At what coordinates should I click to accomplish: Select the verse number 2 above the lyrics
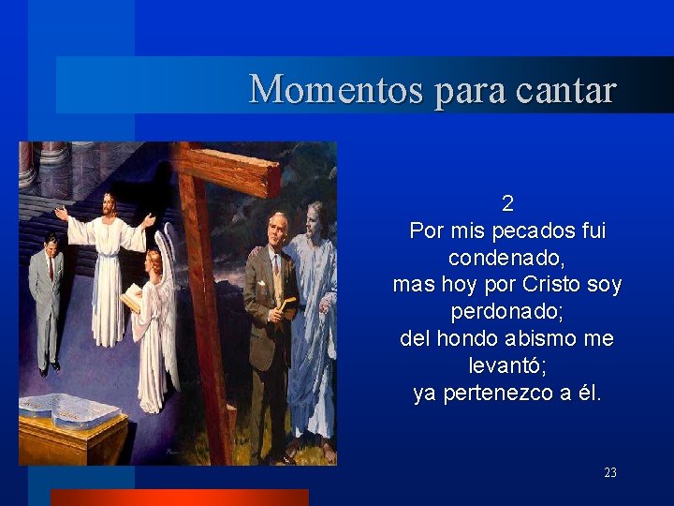[x=507, y=203]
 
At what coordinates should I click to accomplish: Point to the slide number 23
[x=610, y=473]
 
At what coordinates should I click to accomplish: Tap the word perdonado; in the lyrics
[x=507, y=312]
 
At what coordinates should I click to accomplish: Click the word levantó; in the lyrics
[x=507, y=366]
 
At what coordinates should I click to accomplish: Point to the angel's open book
[x=131, y=297]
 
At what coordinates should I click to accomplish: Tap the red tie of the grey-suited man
[x=51, y=267]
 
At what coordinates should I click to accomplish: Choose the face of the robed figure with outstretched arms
[x=110, y=203]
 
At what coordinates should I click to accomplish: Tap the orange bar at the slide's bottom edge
[x=179, y=498]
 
